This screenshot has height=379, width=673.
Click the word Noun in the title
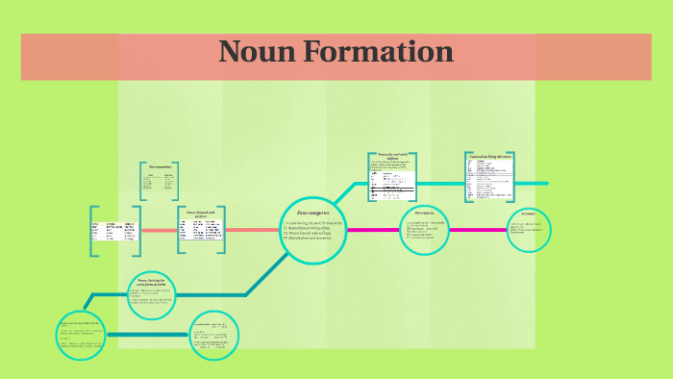[x=252, y=52]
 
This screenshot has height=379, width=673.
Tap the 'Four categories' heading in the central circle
[x=312, y=210]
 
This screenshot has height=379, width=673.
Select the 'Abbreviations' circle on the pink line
[x=425, y=229]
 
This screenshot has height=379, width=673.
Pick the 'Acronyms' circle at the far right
[x=529, y=229]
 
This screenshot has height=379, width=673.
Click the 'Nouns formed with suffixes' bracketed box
[x=392, y=177]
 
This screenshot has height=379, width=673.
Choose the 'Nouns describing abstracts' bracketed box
[x=488, y=177]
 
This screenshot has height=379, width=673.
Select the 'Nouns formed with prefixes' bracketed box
[x=201, y=230]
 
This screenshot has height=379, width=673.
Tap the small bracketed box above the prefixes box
[x=158, y=180]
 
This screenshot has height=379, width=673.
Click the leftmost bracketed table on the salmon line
[x=114, y=231]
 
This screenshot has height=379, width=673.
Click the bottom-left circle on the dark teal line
[x=82, y=336]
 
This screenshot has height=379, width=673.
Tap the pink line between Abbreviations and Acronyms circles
[x=477, y=230]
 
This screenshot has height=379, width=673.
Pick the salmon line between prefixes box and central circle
[x=252, y=231]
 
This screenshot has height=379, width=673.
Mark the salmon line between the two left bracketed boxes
[x=159, y=231]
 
